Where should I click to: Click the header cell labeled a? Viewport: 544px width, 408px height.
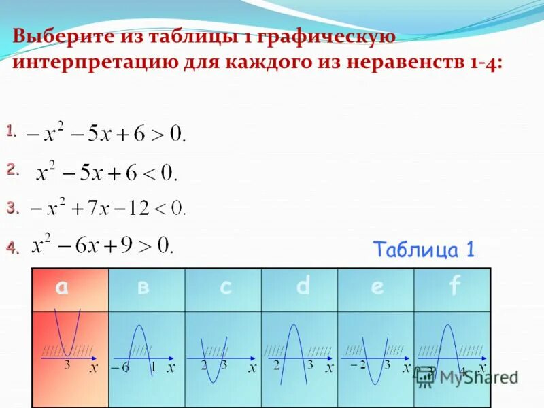tap(63, 288)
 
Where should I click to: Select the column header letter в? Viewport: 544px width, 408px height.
tap(143, 288)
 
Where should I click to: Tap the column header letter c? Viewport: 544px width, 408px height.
tap(226, 288)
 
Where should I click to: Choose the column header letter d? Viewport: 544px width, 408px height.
tap(303, 287)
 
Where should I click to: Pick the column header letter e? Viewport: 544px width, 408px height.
tap(377, 288)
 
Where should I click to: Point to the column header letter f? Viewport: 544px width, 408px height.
tap(454, 288)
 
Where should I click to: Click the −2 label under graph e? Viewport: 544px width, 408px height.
tap(358, 365)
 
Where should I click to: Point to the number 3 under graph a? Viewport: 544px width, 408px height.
tap(67, 365)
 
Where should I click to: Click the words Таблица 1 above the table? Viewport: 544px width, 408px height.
tap(423, 250)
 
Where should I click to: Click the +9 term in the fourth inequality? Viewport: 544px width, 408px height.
tap(126, 244)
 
